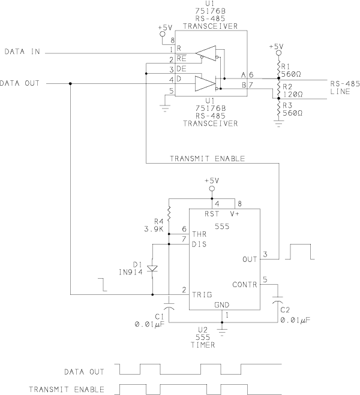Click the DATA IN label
[22, 52]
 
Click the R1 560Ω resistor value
[291, 74]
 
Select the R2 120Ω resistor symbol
[278, 89]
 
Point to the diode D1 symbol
[152, 269]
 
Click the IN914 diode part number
[131, 272]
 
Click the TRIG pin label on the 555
[202, 295]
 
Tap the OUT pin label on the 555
[250, 260]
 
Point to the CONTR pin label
[245, 285]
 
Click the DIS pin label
[199, 245]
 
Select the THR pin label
[199, 234]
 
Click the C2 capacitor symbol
[278, 300]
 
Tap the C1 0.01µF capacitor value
[149, 324]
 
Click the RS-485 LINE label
[345, 88]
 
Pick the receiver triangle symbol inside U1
[206, 53]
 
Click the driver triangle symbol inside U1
[205, 84]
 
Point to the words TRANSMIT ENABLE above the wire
[207, 159]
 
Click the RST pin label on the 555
[212, 214]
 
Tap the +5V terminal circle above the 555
[212, 189]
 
